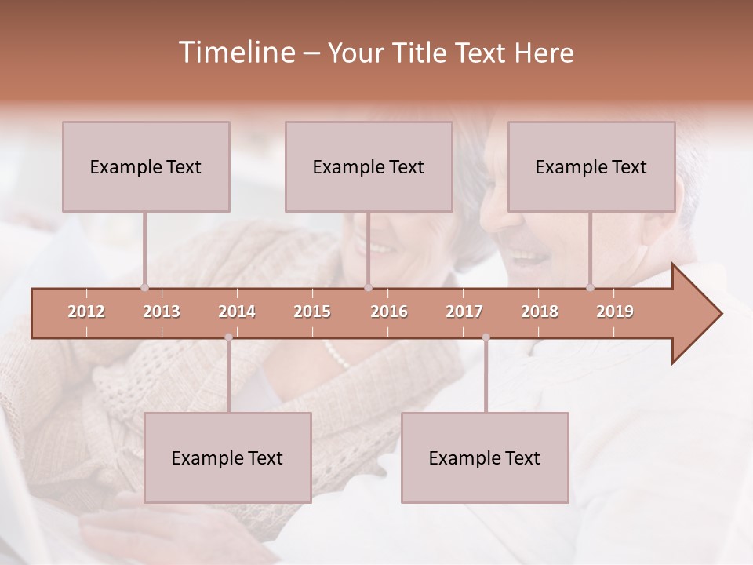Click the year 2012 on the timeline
click(86, 312)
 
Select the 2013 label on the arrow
click(162, 312)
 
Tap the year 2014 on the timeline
click(237, 312)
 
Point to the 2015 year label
click(312, 312)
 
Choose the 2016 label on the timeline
click(389, 312)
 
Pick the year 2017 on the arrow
click(464, 312)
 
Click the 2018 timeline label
click(540, 312)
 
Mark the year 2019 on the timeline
click(615, 312)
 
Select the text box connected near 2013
click(146, 166)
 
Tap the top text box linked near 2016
click(369, 166)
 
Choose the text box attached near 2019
click(591, 166)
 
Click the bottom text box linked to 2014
click(227, 457)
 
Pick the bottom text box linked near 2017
click(485, 457)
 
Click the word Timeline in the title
click(235, 53)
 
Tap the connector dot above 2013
click(144, 287)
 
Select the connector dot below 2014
click(228, 337)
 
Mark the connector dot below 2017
click(486, 337)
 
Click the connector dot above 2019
click(590, 287)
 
